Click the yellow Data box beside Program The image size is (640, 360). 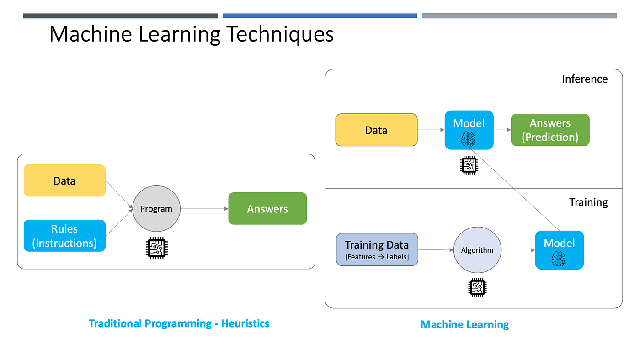tap(64, 180)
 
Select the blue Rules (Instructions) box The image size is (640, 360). tap(64, 236)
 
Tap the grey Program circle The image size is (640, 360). tap(156, 209)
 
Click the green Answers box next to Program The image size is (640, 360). tap(267, 209)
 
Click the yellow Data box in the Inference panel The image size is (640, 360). tap(376, 130)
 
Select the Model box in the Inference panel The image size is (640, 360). tap(469, 130)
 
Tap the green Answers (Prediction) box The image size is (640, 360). tap(550, 130)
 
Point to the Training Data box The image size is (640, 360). tap(377, 249)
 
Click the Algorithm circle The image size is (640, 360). tap(477, 250)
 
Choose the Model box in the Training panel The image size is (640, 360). tap(559, 250)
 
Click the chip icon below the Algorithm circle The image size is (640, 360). tap(477, 287)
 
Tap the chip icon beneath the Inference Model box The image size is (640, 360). tap(469, 165)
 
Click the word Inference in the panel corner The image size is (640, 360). tap(585, 79)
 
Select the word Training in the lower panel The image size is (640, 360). tap(588, 202)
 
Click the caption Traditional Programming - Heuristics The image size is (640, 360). tap(179, 324)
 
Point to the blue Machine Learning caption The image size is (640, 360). tap(464, 325)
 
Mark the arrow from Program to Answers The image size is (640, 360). tap(204, 209)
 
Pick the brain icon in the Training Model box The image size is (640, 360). tap(559, 259)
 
